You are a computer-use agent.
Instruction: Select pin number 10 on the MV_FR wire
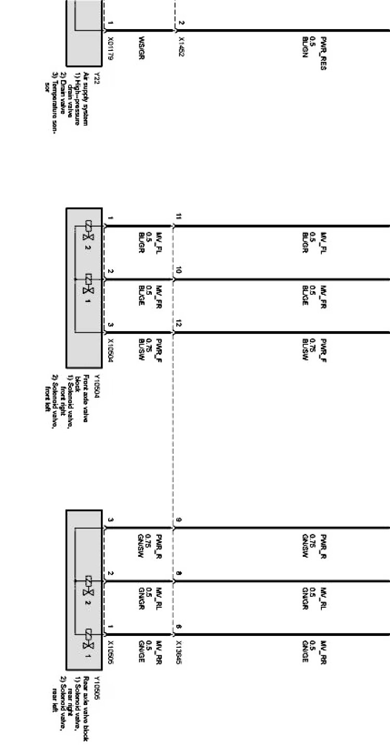179,271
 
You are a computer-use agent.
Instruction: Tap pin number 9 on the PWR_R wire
179,520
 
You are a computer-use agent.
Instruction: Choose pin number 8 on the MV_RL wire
179,573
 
